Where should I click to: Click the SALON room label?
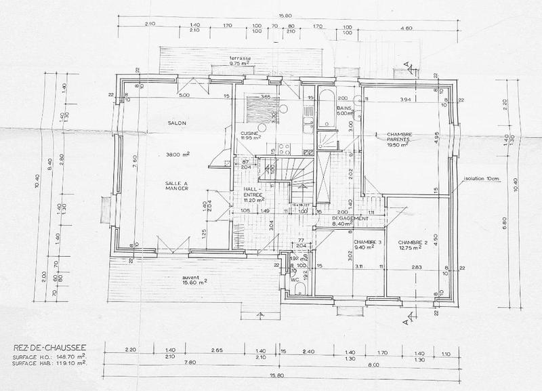[x=177, y=123]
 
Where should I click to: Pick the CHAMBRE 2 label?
[x=413, y=242]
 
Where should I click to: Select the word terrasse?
[x=241, y=58]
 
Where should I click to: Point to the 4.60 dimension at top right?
[x=406, y=28]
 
